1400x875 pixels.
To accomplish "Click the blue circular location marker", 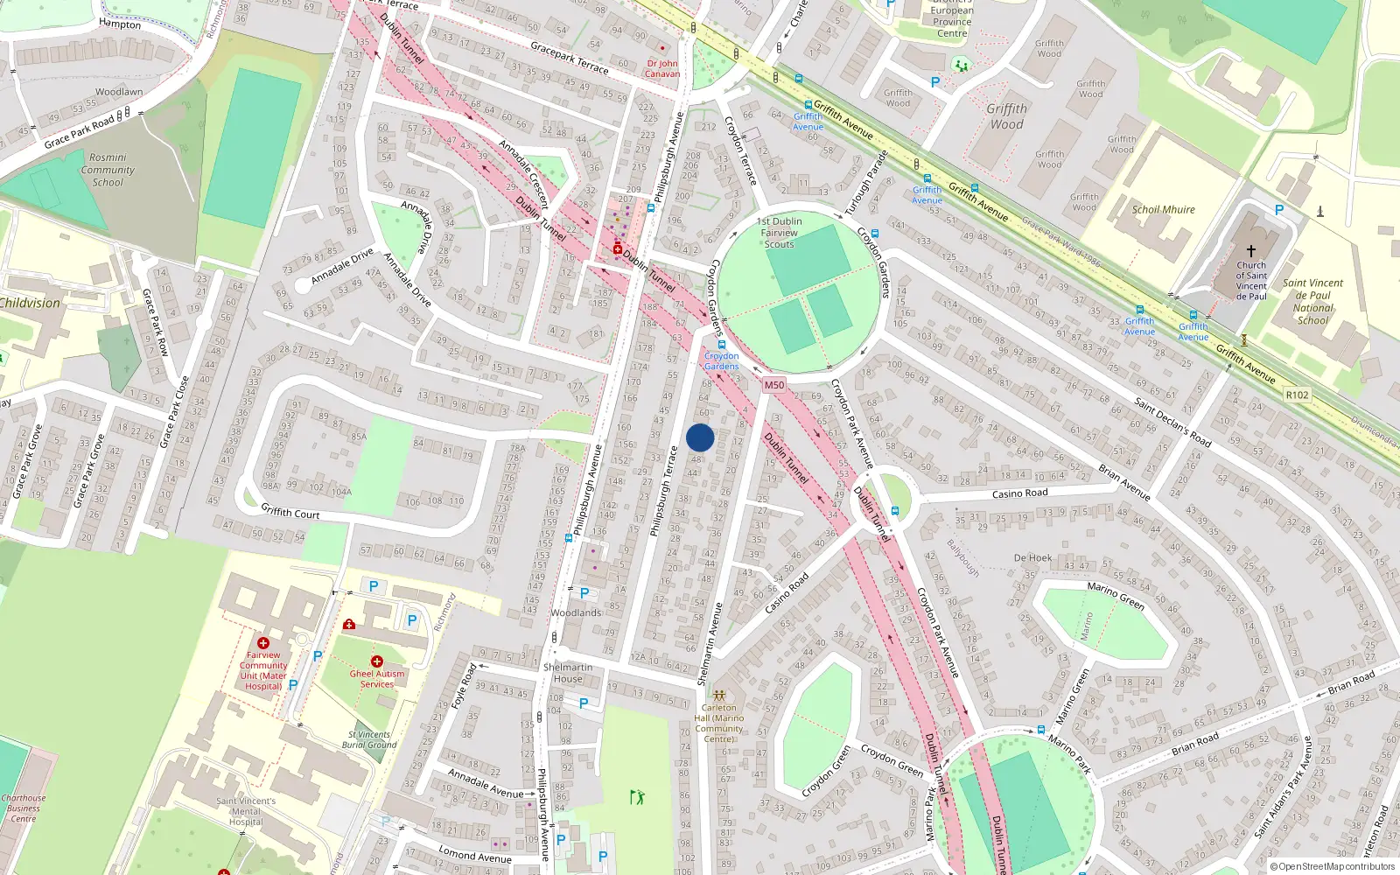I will (x=700, y=437).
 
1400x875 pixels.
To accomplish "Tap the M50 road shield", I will (x=773, y=385).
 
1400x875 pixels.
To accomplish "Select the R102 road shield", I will (x=1297, y=395).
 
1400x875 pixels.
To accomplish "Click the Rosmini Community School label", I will (x=108, y=170).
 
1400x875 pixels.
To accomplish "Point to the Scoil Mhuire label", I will (x=1163, y=210).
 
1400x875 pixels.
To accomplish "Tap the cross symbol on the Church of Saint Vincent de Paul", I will (x=1251, y=251).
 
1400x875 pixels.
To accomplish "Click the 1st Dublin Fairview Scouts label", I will (x=779, y=233).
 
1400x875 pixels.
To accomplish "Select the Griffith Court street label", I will (x=290, y=512).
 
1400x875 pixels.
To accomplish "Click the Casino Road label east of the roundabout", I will (x=1019, y=493).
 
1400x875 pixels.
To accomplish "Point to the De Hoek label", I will (x=1032, y=558).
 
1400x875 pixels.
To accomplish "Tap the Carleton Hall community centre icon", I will (x=718, y=696).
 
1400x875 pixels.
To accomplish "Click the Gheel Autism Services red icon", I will (x=377, y=661).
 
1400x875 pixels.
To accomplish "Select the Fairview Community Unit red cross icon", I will (x=263, y=643).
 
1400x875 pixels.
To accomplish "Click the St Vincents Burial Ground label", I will (x=369, y=740).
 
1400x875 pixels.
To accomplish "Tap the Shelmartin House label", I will (x=567, y=673).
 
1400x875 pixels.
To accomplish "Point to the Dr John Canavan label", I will (x=662, y=68).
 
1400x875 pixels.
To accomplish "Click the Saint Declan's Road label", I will (x=1172, y=422).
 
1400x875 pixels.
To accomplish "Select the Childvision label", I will (x=31, y=304).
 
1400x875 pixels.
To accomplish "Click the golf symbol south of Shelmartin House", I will (x=637, y=797).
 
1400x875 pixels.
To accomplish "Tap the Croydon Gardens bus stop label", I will (x=721, y=360).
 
